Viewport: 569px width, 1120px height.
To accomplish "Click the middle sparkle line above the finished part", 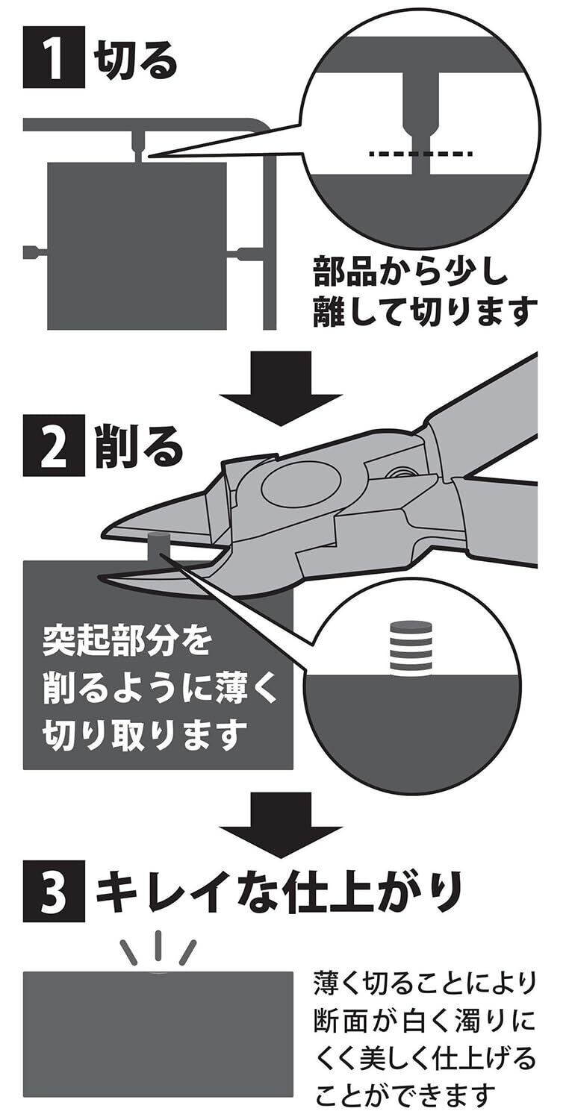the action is [158, 945].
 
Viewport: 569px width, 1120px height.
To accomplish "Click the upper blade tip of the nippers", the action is [102, 531].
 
